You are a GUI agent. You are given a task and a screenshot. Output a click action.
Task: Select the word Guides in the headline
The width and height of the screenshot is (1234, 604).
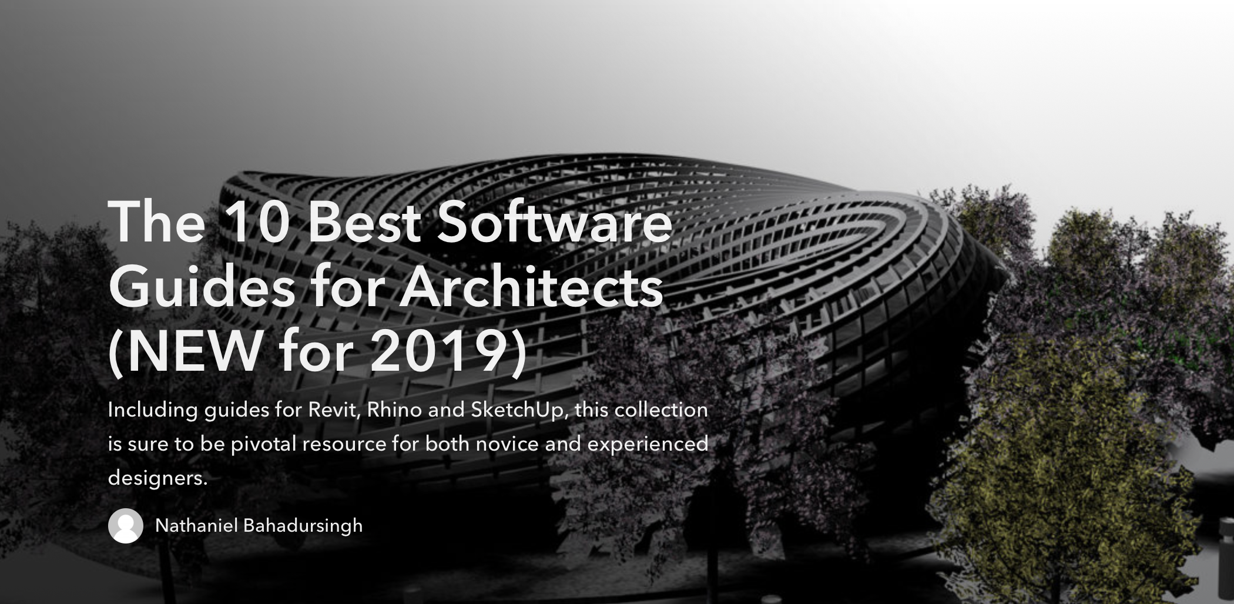202,286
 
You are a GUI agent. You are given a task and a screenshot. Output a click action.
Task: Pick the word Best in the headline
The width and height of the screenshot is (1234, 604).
364,222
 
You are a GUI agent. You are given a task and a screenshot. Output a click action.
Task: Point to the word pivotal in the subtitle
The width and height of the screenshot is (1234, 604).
263,444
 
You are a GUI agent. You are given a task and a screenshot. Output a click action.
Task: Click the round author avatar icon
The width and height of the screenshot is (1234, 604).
126,525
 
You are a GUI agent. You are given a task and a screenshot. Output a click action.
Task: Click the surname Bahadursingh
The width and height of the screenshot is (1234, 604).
303,526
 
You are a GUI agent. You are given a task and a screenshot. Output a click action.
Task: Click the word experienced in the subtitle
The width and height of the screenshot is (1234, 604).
648,444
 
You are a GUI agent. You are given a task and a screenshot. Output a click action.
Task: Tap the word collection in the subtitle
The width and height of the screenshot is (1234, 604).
661,409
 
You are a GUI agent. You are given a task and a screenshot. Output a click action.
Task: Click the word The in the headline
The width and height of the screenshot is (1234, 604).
157,222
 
